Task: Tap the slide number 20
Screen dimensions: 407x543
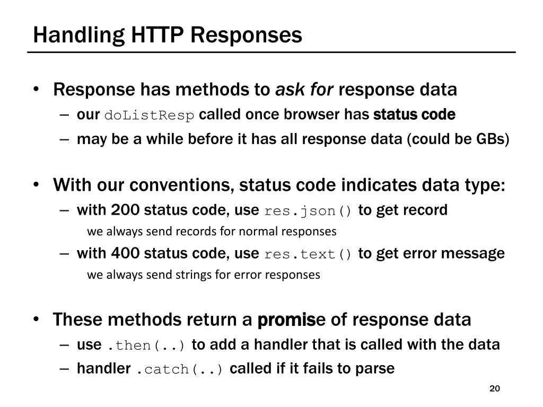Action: (495, 388)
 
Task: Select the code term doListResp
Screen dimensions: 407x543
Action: (150, 115)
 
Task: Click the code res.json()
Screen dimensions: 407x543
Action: (308, 211)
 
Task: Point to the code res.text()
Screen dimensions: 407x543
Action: (308, 254)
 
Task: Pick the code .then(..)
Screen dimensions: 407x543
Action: (146, 346)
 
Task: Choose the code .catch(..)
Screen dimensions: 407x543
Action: (180, 369)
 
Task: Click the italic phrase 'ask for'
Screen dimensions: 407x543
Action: (304, 90)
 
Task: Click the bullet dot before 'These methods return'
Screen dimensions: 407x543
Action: (36, 319)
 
